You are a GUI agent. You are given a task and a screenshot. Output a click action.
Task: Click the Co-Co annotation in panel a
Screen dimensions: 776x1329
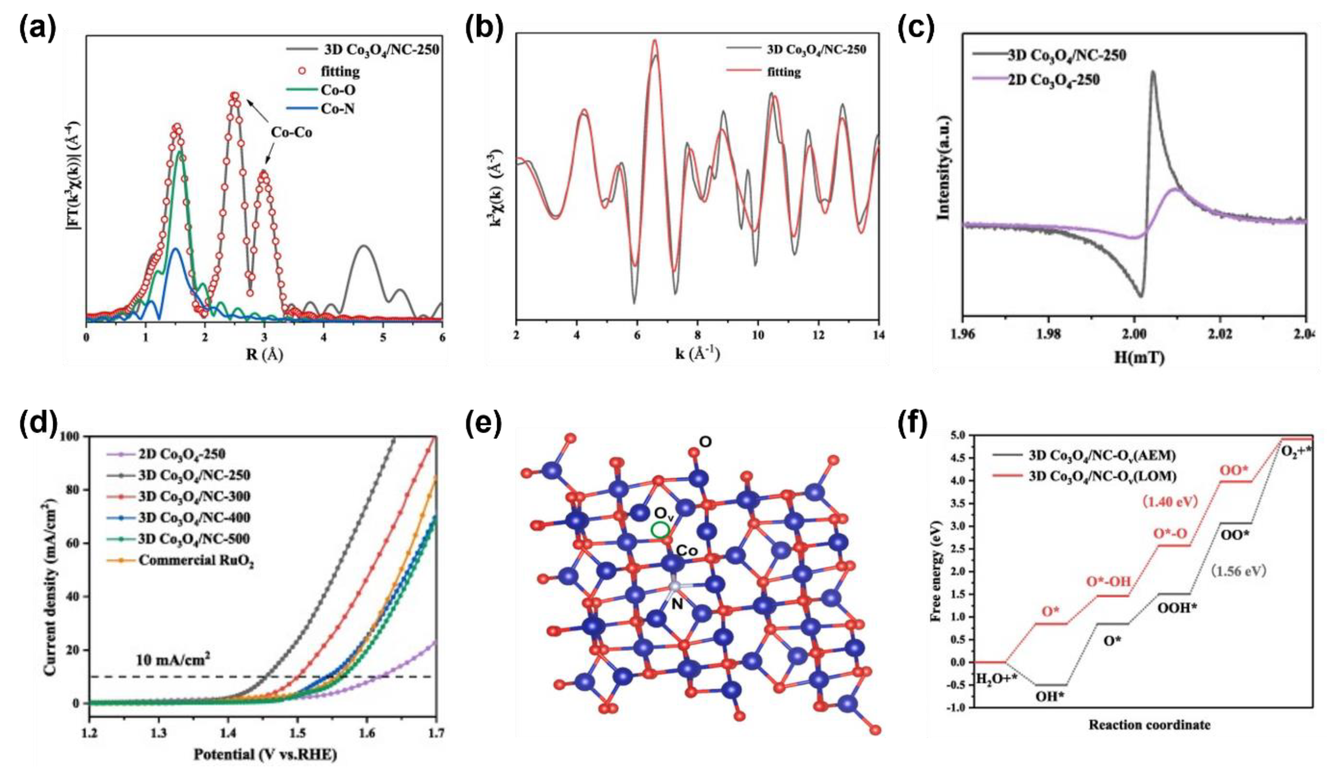(x=291, y=132)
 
